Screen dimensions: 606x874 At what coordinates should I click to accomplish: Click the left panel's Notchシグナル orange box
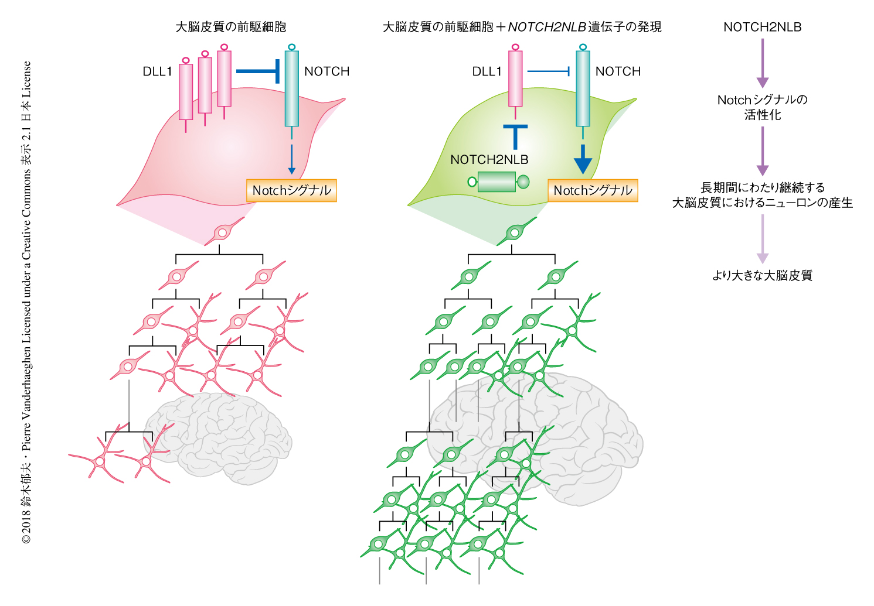point(291,190)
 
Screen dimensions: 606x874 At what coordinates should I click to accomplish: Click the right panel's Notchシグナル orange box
point(593,190)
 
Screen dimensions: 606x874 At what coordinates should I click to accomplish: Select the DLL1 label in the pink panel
point(157,71)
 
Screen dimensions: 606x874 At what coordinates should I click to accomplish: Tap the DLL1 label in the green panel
point(487,71)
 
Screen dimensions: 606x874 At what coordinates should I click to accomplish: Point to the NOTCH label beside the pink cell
point(327,71)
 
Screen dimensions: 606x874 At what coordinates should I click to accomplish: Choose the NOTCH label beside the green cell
point(618,71)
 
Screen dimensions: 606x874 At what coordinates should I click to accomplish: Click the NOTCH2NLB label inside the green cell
point(489,159)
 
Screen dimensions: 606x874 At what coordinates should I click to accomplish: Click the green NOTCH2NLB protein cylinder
point(497,182)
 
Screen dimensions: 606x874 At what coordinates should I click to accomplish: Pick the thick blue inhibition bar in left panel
point(257,71)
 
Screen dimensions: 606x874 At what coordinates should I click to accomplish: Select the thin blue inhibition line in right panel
point(549,71)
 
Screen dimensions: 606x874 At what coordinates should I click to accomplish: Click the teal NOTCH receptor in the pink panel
point(291,88)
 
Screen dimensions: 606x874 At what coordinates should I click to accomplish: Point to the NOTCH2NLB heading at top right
point(762,27)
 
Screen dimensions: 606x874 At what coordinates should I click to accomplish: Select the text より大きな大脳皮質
point(762,275)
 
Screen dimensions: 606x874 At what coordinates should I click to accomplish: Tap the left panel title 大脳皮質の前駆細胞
point(231,27)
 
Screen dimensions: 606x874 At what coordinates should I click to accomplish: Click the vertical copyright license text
point(27,302)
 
